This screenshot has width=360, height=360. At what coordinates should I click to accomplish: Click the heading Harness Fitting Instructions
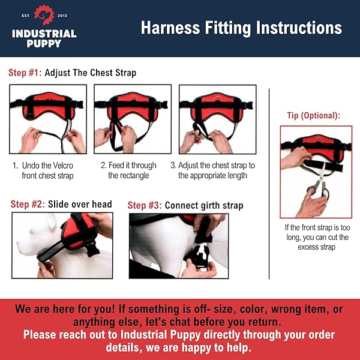pos(241,28)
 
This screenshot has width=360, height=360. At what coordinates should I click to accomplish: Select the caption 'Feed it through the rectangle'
pos(129,170)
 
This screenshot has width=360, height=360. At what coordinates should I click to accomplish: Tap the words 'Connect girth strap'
pos(204,205)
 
